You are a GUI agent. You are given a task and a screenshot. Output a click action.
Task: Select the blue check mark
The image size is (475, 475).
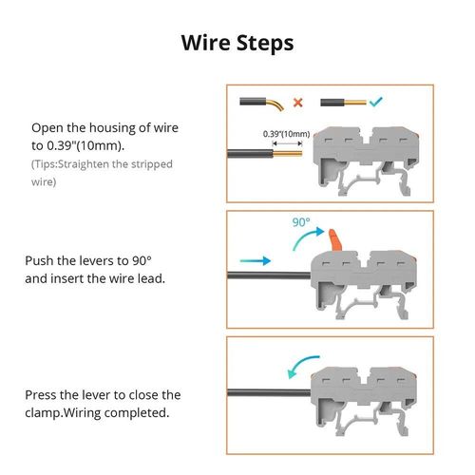375,101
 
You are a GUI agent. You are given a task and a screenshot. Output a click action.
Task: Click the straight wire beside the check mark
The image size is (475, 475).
340,101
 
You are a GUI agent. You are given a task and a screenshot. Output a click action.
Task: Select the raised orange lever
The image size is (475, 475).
334,236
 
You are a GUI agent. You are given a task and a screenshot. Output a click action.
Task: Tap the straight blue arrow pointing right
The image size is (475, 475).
253,258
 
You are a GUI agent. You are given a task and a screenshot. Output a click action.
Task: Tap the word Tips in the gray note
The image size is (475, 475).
48,164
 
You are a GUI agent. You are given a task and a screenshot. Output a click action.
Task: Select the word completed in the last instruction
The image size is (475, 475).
139,413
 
